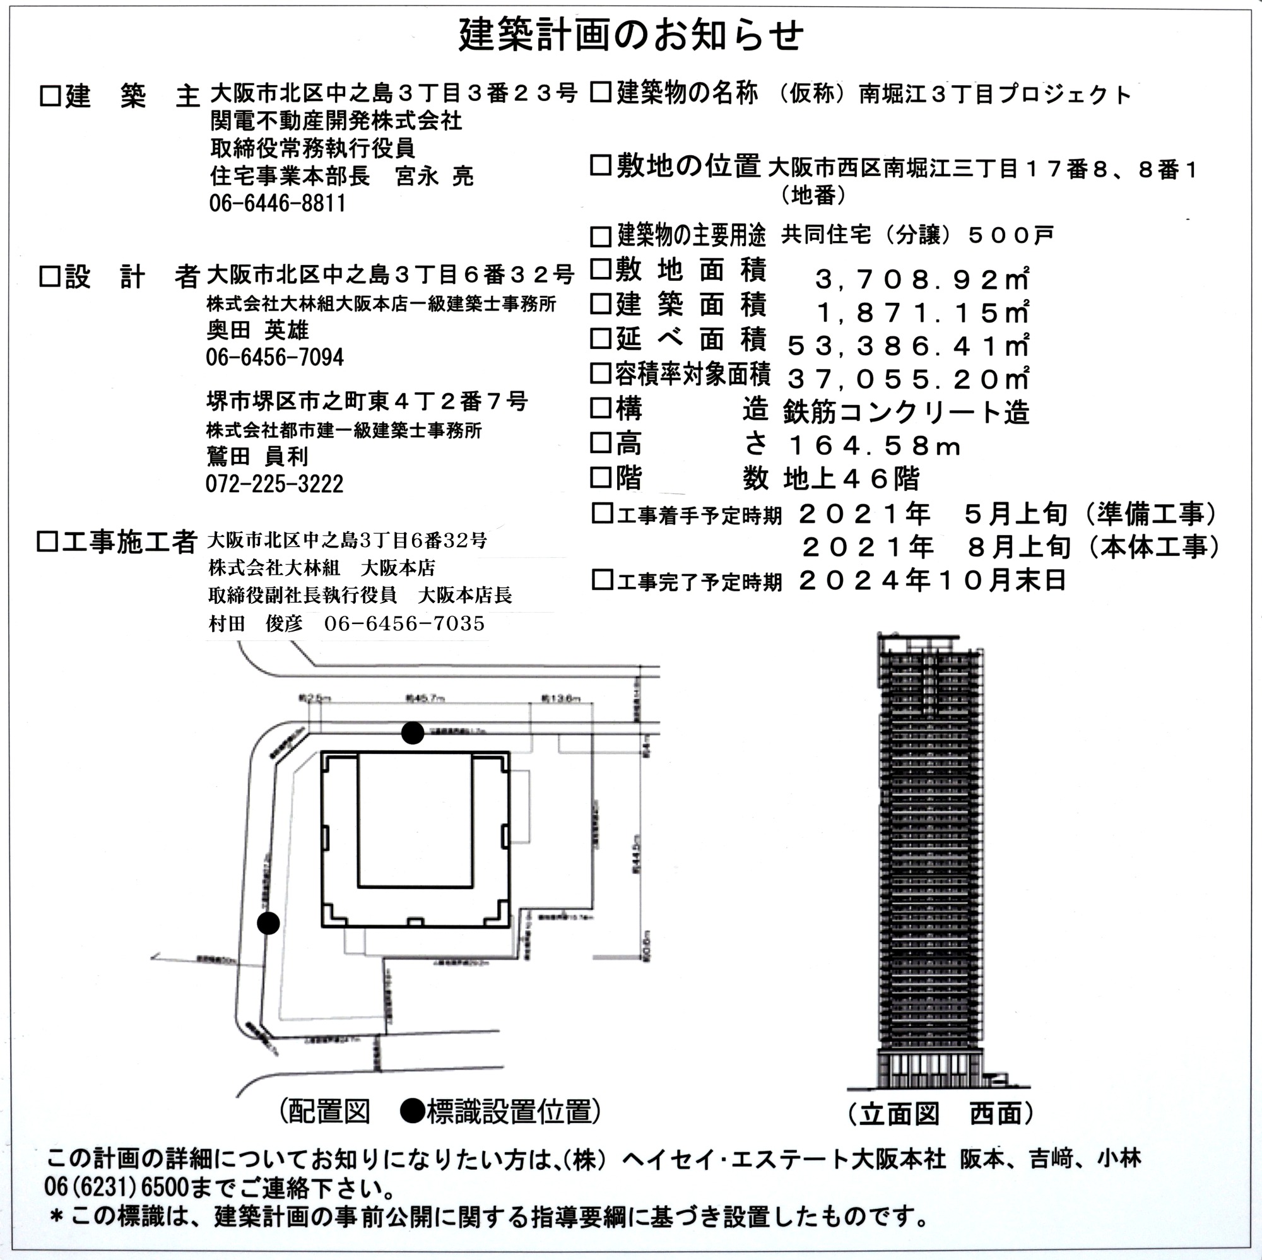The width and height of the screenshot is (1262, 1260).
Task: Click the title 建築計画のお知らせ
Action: click(x=631, y=35)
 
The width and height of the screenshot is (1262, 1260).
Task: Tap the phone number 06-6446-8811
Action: click(x=278, y=203)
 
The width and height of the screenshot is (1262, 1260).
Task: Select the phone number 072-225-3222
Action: click(x=274, y=484)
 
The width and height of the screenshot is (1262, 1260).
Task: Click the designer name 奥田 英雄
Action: click(x=257, y=331)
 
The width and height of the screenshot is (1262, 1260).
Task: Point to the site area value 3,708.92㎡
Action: click(x=922, y=280)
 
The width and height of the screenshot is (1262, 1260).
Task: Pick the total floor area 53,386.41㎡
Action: click(x=909, y=346)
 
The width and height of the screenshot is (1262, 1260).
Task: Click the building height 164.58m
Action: click(x=875, y=447)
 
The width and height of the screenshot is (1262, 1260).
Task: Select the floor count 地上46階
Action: click(x=851, y=480)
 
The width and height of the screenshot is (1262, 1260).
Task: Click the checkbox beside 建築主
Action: click(x=50, y=96)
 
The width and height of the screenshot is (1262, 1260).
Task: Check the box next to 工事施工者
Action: click(x=47, y=541)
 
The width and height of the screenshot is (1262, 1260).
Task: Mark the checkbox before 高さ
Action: click(x=600, y=443)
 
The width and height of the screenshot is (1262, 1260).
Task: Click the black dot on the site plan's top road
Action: click(x=412, y=733)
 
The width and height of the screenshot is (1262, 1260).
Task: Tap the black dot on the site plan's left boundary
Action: click(x=268, y=923)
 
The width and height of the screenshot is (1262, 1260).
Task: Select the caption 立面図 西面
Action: click(x=941, y=1114)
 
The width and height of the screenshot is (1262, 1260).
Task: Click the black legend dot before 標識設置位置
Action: click(x=412, y=1110)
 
